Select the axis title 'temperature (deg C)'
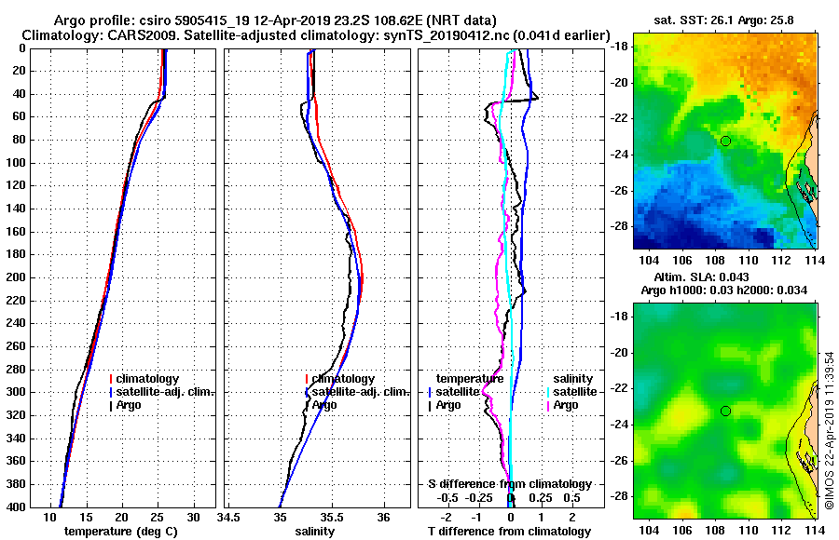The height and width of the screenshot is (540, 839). [120, 532]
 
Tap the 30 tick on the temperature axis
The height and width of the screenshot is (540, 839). [193, 518]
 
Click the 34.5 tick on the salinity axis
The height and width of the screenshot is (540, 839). [229, 518]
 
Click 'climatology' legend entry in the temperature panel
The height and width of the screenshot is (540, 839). [149, 379]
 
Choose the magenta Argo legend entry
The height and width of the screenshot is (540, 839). [566, 405]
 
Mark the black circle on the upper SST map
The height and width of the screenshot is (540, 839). [725, 141]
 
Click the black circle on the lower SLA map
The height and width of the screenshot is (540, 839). [725, 411]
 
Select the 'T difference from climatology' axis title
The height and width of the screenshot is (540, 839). [509, 532]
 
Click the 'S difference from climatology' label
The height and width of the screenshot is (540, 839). [509, 484]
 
